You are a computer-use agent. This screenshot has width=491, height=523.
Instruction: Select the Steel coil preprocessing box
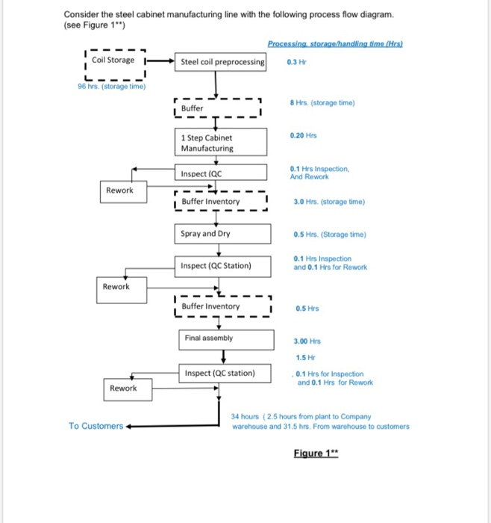click(222, 62)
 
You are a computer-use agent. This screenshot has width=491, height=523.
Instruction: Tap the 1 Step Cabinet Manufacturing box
click(222, 143)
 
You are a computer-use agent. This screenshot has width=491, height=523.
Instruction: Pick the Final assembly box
click(224, 338)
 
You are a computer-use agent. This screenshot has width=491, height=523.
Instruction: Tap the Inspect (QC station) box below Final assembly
click(224, 373)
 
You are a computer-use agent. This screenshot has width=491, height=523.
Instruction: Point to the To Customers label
click(96, 426)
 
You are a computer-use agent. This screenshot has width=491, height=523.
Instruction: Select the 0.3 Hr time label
click(296, 62)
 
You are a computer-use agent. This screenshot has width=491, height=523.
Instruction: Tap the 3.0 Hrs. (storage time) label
click(329, 202)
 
